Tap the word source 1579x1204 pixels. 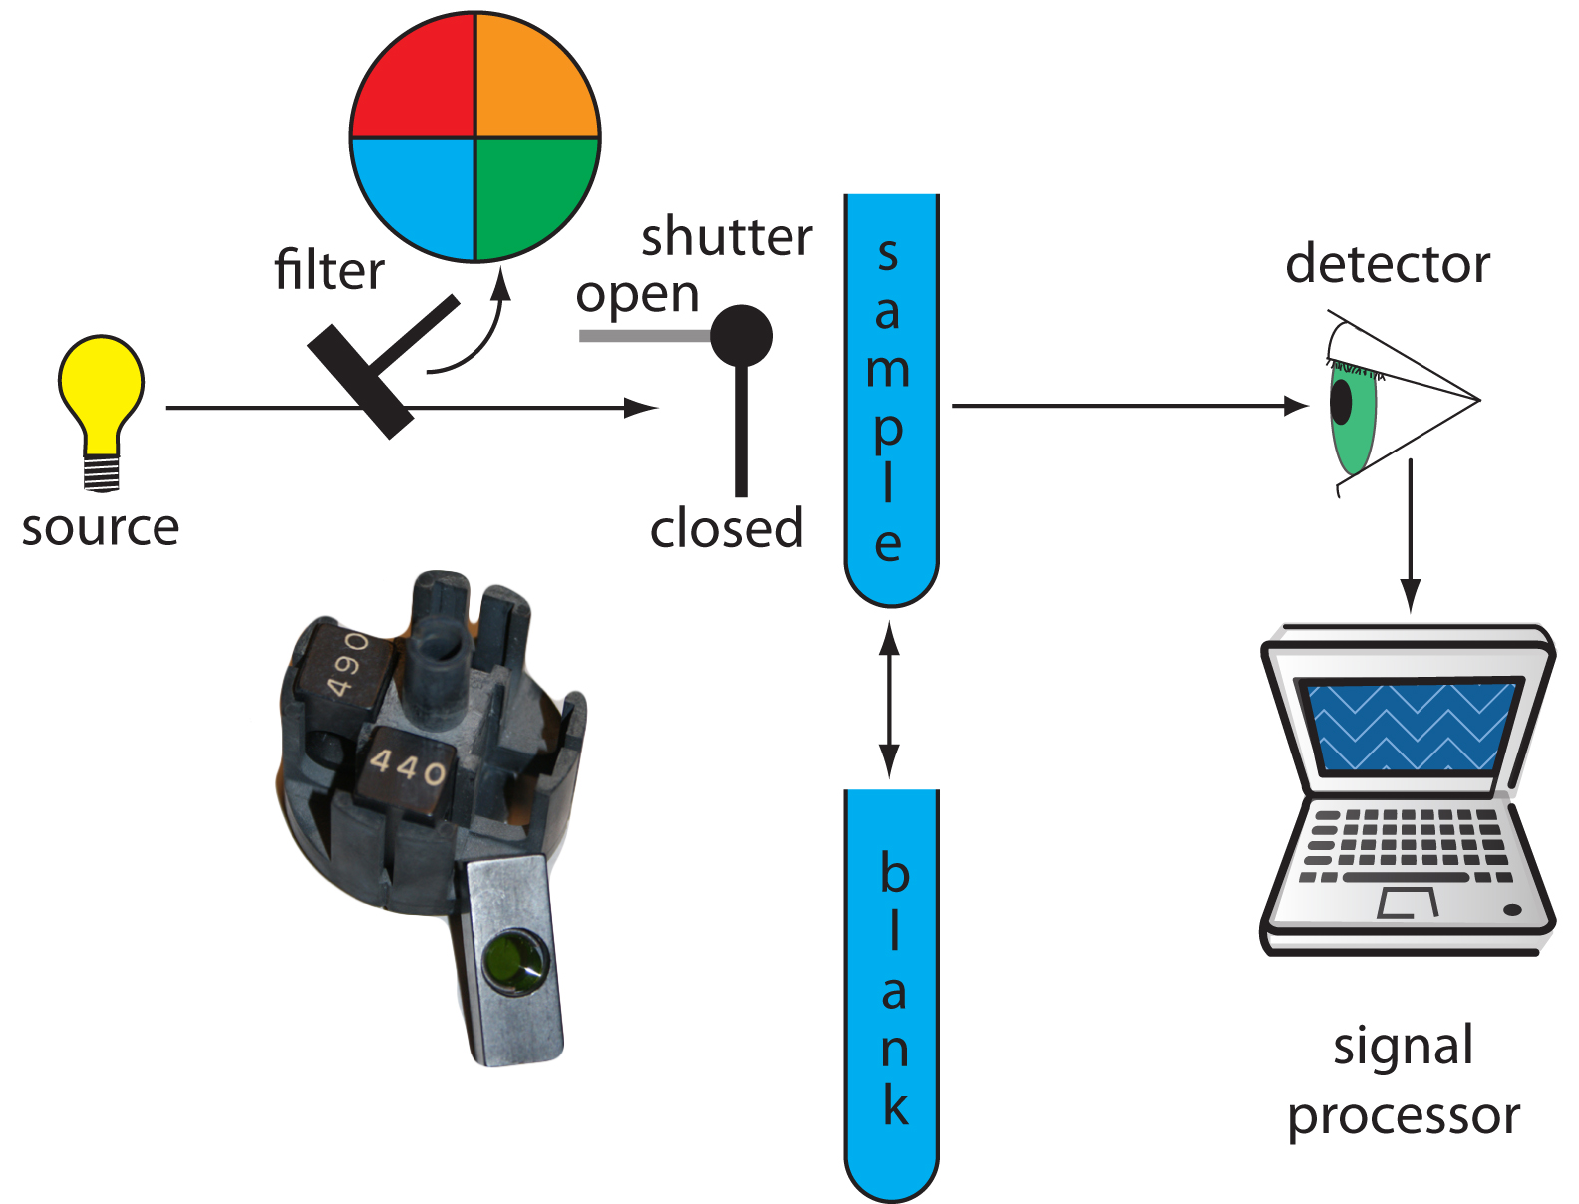(x=101, y=527)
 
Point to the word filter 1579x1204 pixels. (x=329, y=270)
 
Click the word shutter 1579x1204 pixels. (x=727, y=237)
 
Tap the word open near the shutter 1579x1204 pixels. (x=638, y=295)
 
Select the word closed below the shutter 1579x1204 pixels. (x=727, y=528)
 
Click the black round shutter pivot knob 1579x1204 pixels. (x=741, y=336)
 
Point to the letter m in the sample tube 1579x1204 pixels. (x=888, y=370)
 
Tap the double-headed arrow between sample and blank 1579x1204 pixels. (x=890, y=699)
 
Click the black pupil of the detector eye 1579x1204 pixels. (x=1342, y=402)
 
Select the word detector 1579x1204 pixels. (x=1388, y=265)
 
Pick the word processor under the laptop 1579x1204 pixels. (x=1404, y=1116)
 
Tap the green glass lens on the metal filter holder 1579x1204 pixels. (x=514, y=961)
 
